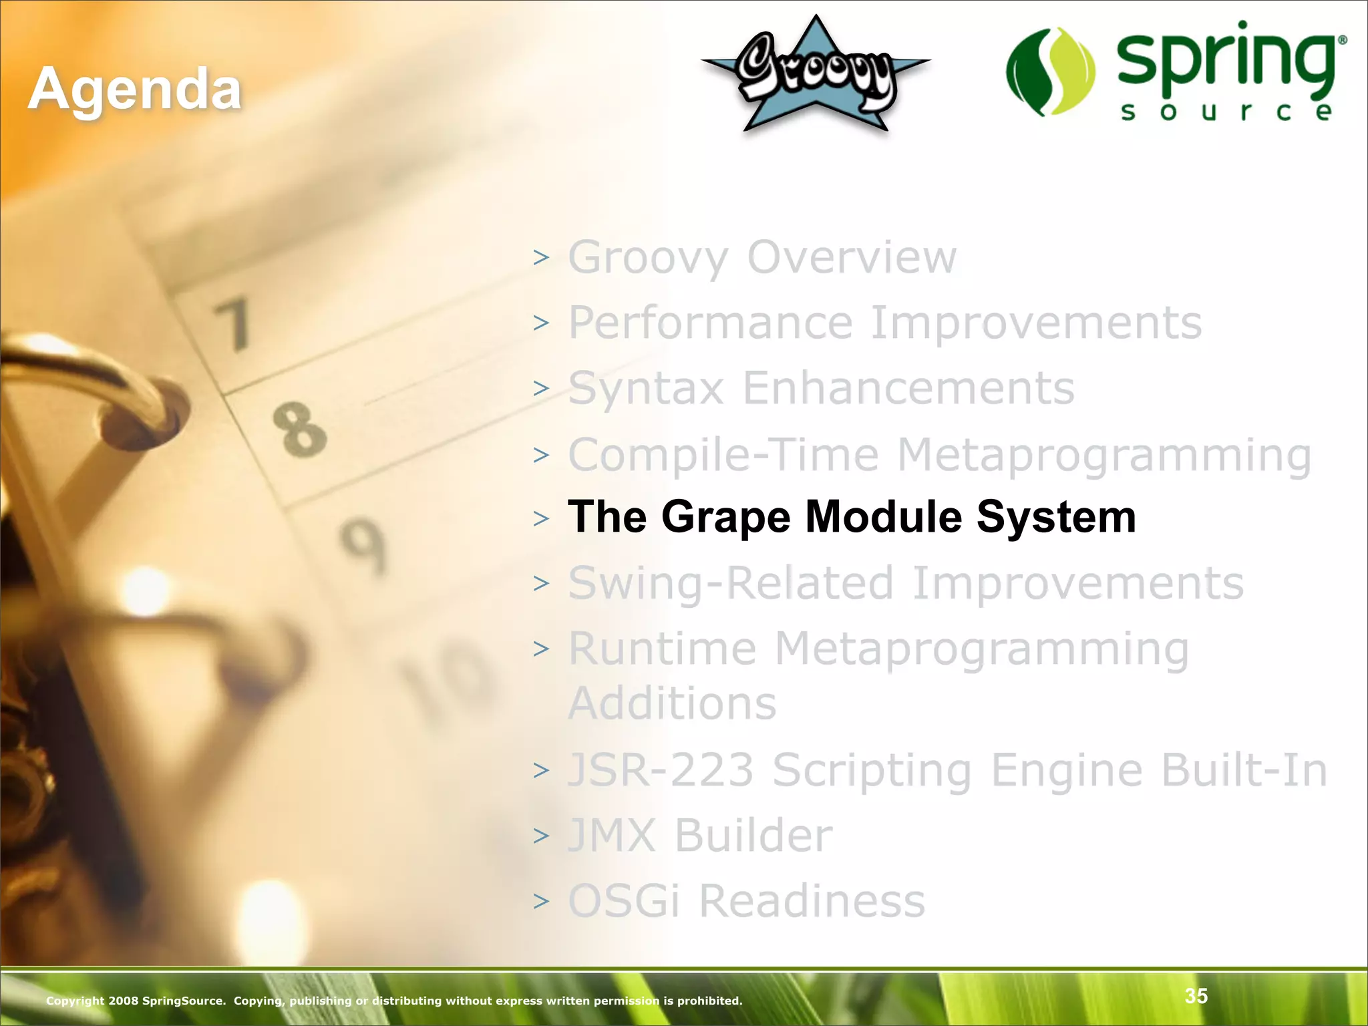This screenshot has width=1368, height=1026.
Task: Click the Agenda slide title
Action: click(134, 90)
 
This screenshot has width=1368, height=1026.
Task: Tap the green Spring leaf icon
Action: click(1051, 71)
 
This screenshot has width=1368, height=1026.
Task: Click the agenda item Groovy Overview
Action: click(761, 257)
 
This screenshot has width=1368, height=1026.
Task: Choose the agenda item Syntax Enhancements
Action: click(821, 388)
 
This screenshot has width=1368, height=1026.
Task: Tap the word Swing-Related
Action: click(730, 583)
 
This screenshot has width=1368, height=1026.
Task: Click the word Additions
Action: click(672, 703)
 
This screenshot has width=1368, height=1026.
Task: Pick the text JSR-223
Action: click(661, 770)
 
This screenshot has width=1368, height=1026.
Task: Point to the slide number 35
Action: click(1196, 996)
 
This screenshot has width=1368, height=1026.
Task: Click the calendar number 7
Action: click(234, 325)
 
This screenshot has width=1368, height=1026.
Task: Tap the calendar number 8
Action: click(300, 430)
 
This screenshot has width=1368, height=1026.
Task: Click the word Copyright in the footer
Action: click(74, 1001)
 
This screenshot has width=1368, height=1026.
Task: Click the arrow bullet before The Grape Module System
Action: click(541, 518)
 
